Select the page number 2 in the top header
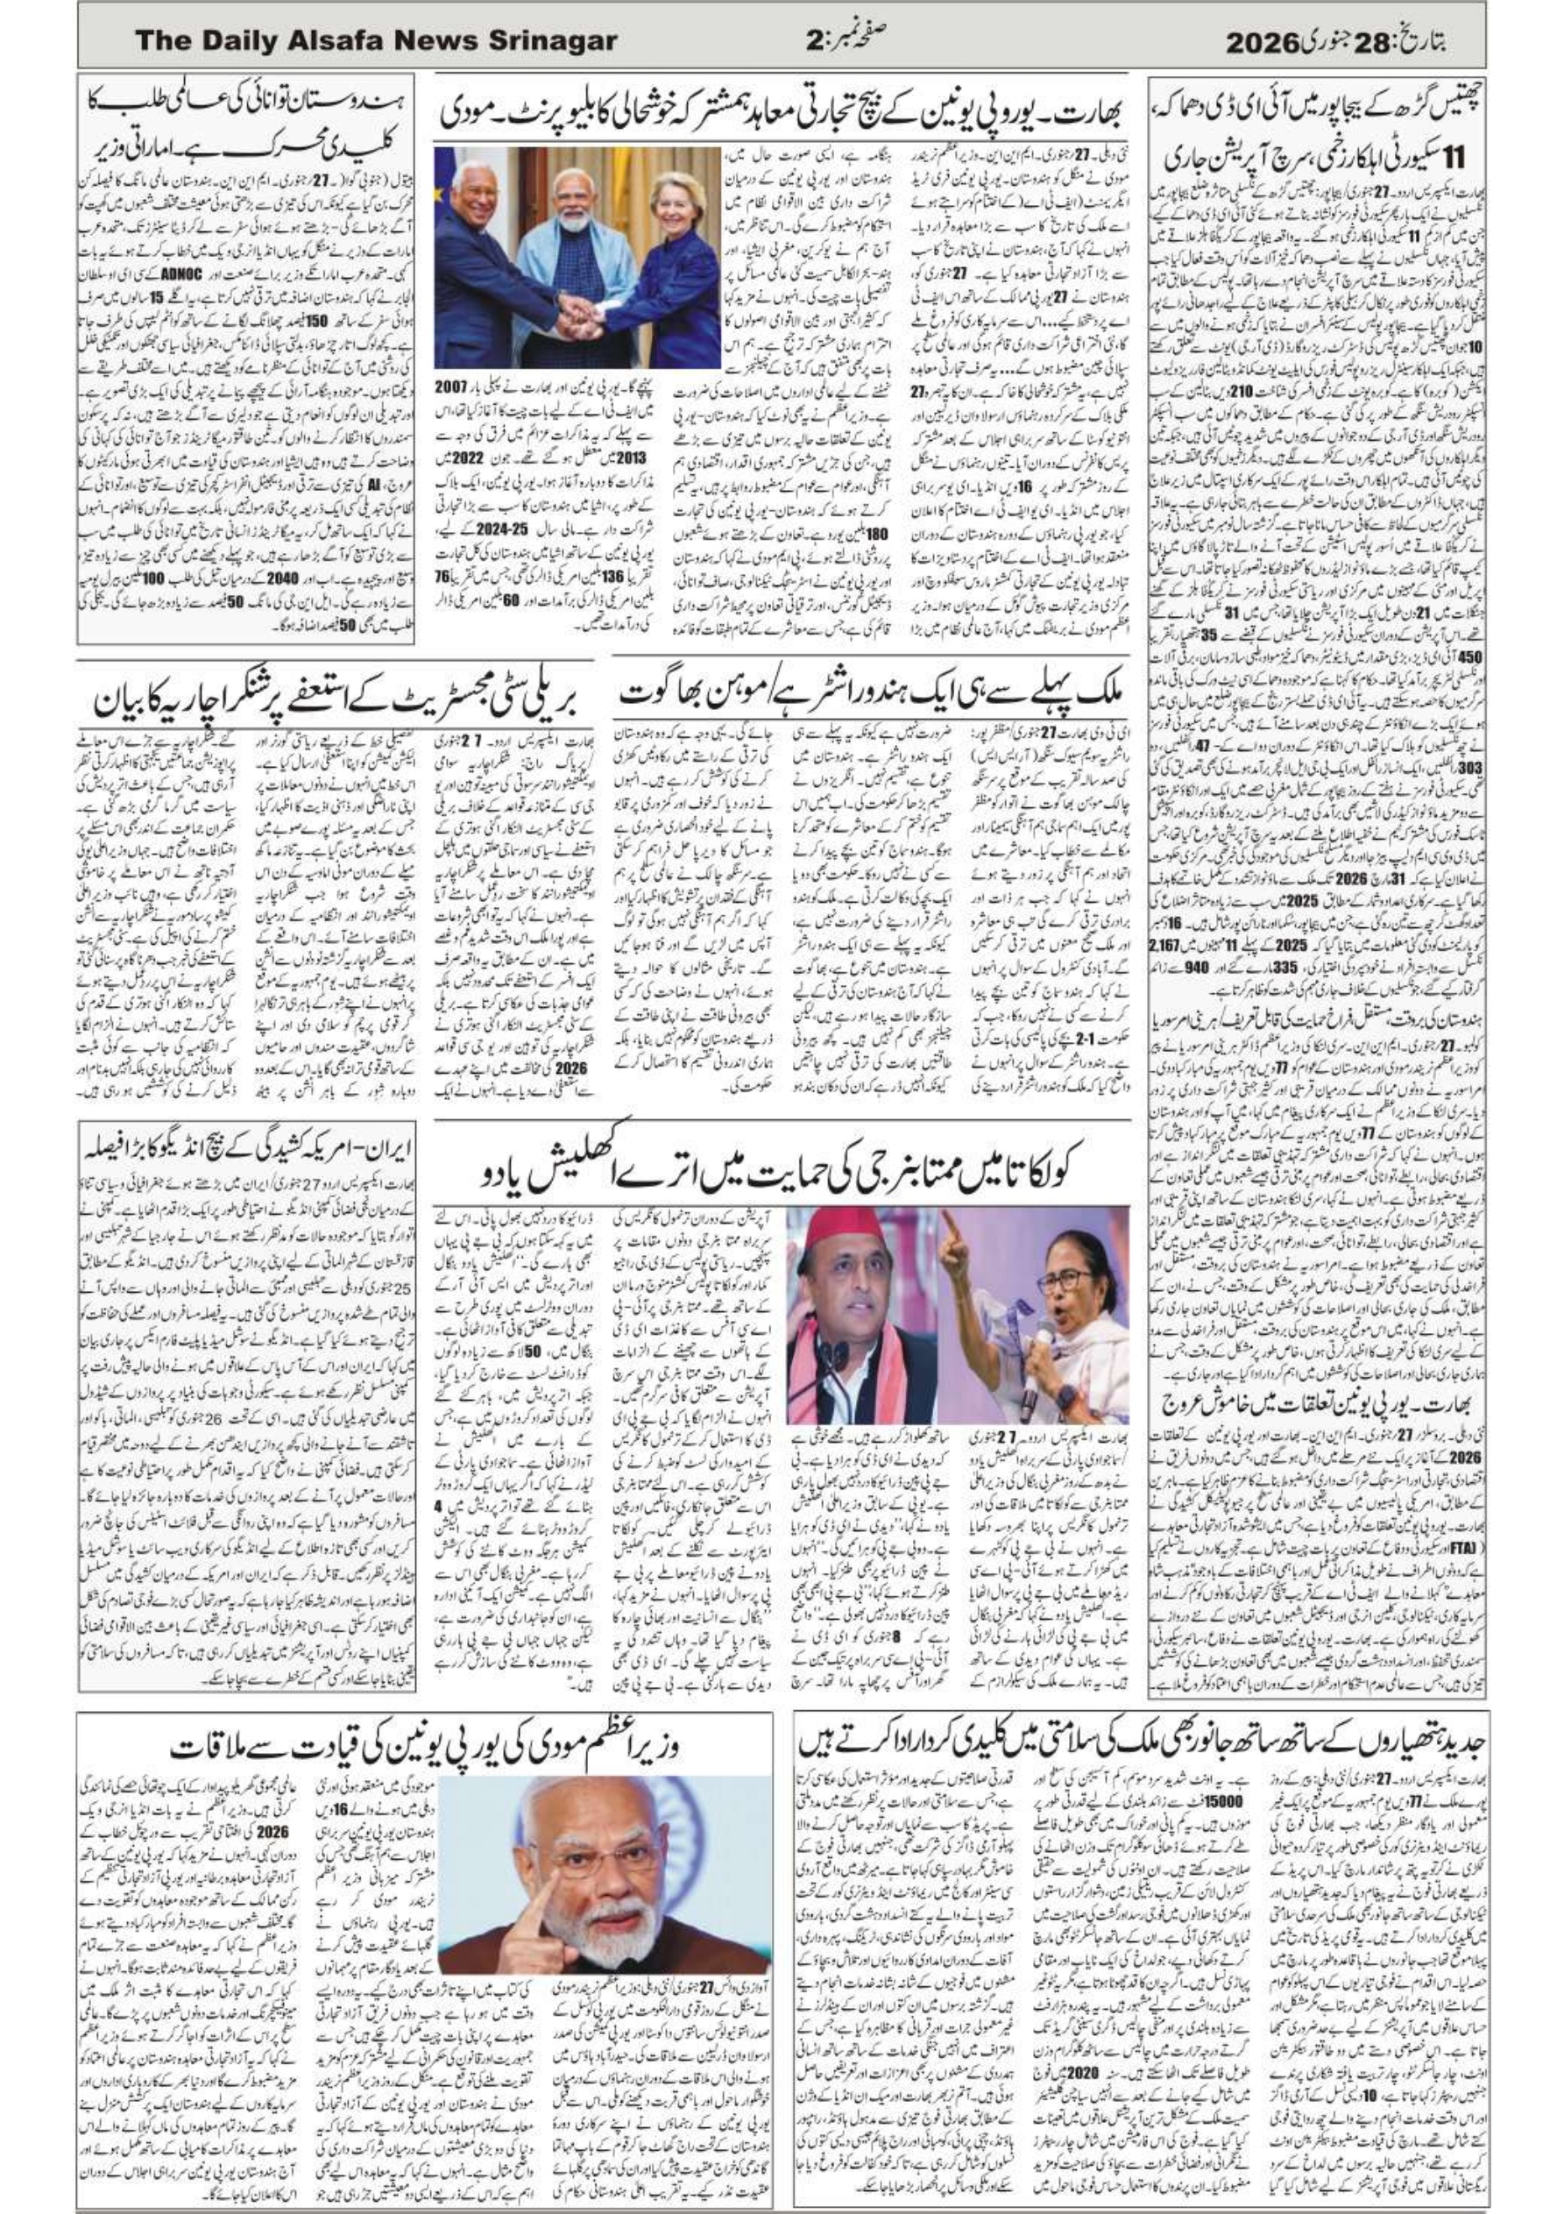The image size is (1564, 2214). pyautogui.click(x=814, y=40)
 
